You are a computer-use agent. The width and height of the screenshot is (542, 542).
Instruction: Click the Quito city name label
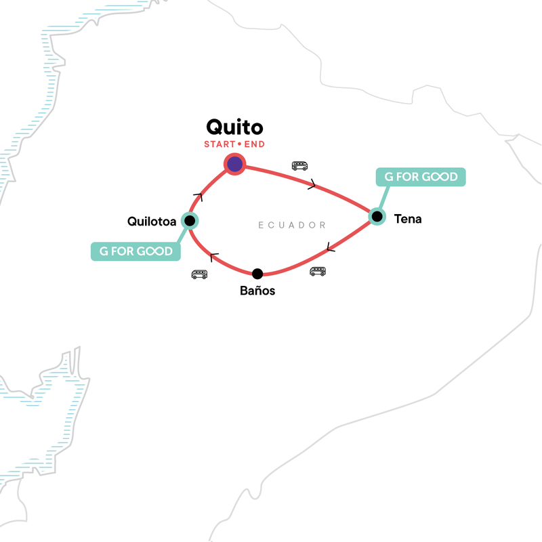coord(234,127)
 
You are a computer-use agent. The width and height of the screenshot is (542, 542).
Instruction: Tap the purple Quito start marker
coord(234,164)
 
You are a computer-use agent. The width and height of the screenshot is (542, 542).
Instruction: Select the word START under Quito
coord(219,144)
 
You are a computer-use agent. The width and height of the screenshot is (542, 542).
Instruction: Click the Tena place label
coord(407,219)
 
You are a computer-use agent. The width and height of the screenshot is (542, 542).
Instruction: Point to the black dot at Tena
coord(377,217)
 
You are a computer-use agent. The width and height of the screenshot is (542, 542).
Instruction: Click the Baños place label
coord(257,291)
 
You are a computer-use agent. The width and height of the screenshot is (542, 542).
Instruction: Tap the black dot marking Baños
coord(257,274)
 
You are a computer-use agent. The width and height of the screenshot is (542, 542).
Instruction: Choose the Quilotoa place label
coord(152,221)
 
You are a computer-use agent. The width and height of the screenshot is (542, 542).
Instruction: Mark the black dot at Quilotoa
coord(190,220)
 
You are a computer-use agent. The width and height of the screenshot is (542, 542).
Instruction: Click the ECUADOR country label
coord(292,225)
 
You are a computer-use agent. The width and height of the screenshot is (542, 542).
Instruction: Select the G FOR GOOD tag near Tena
coord(421,178)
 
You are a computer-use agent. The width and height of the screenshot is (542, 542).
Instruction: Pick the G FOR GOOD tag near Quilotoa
coord(135,251)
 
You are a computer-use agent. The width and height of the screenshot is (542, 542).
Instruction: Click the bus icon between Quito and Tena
coord(299,165)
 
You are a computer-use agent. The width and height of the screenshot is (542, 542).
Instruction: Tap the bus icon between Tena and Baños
coord(317,271)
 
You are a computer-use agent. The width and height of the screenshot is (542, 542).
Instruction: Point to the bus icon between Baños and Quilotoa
coord(199,274)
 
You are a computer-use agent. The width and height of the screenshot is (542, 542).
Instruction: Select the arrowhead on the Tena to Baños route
coord(330,248)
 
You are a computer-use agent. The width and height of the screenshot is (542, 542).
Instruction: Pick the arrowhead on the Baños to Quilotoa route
coord(214,257)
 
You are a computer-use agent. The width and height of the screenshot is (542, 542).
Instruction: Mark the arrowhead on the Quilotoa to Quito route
coord(199,196)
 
